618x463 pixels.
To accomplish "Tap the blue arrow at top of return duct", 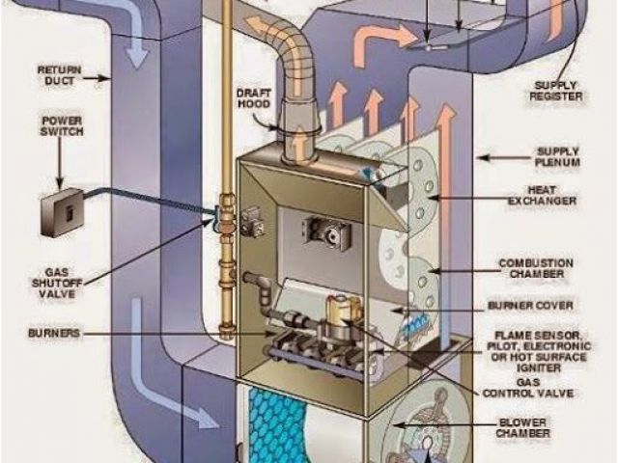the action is [x=136, y=48].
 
